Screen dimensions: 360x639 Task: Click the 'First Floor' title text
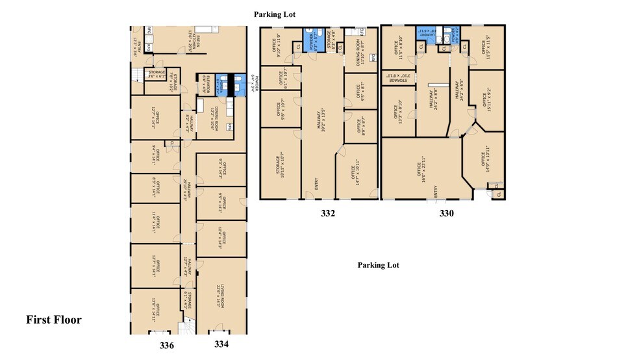click(x=54, y=320)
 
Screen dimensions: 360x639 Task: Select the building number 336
click(x=167, y=346)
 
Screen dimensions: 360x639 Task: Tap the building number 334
click(x=221, y=344)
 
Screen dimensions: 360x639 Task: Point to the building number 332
click(x=327, y=213)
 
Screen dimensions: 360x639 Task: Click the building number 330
click(x=447, y=213)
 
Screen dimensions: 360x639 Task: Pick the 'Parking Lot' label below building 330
click(x=379, y=265)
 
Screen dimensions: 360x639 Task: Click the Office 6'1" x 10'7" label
click(x=280, y=77)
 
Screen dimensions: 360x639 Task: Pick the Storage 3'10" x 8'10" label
click(x=397, y=77)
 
